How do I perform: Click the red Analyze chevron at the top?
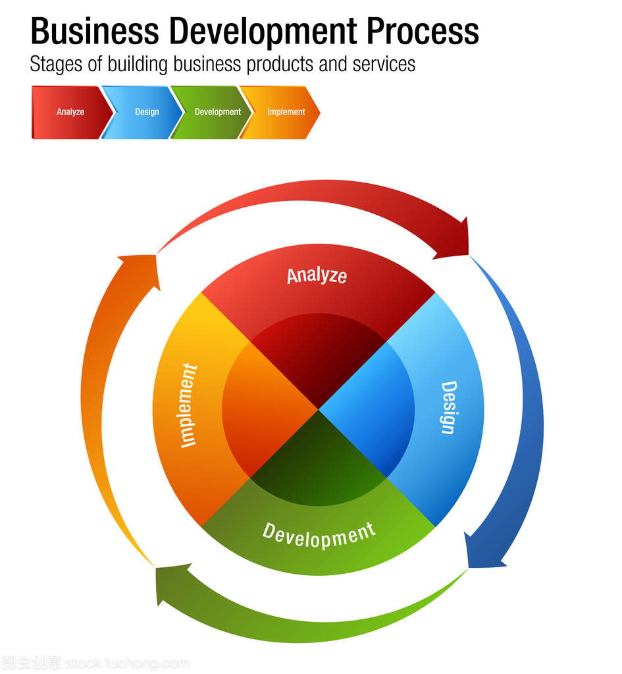70,112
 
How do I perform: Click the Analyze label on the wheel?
317,275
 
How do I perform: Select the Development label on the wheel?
319,534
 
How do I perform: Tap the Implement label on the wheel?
188,405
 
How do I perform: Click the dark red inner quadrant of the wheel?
318,359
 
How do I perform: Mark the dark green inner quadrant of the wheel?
318,461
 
